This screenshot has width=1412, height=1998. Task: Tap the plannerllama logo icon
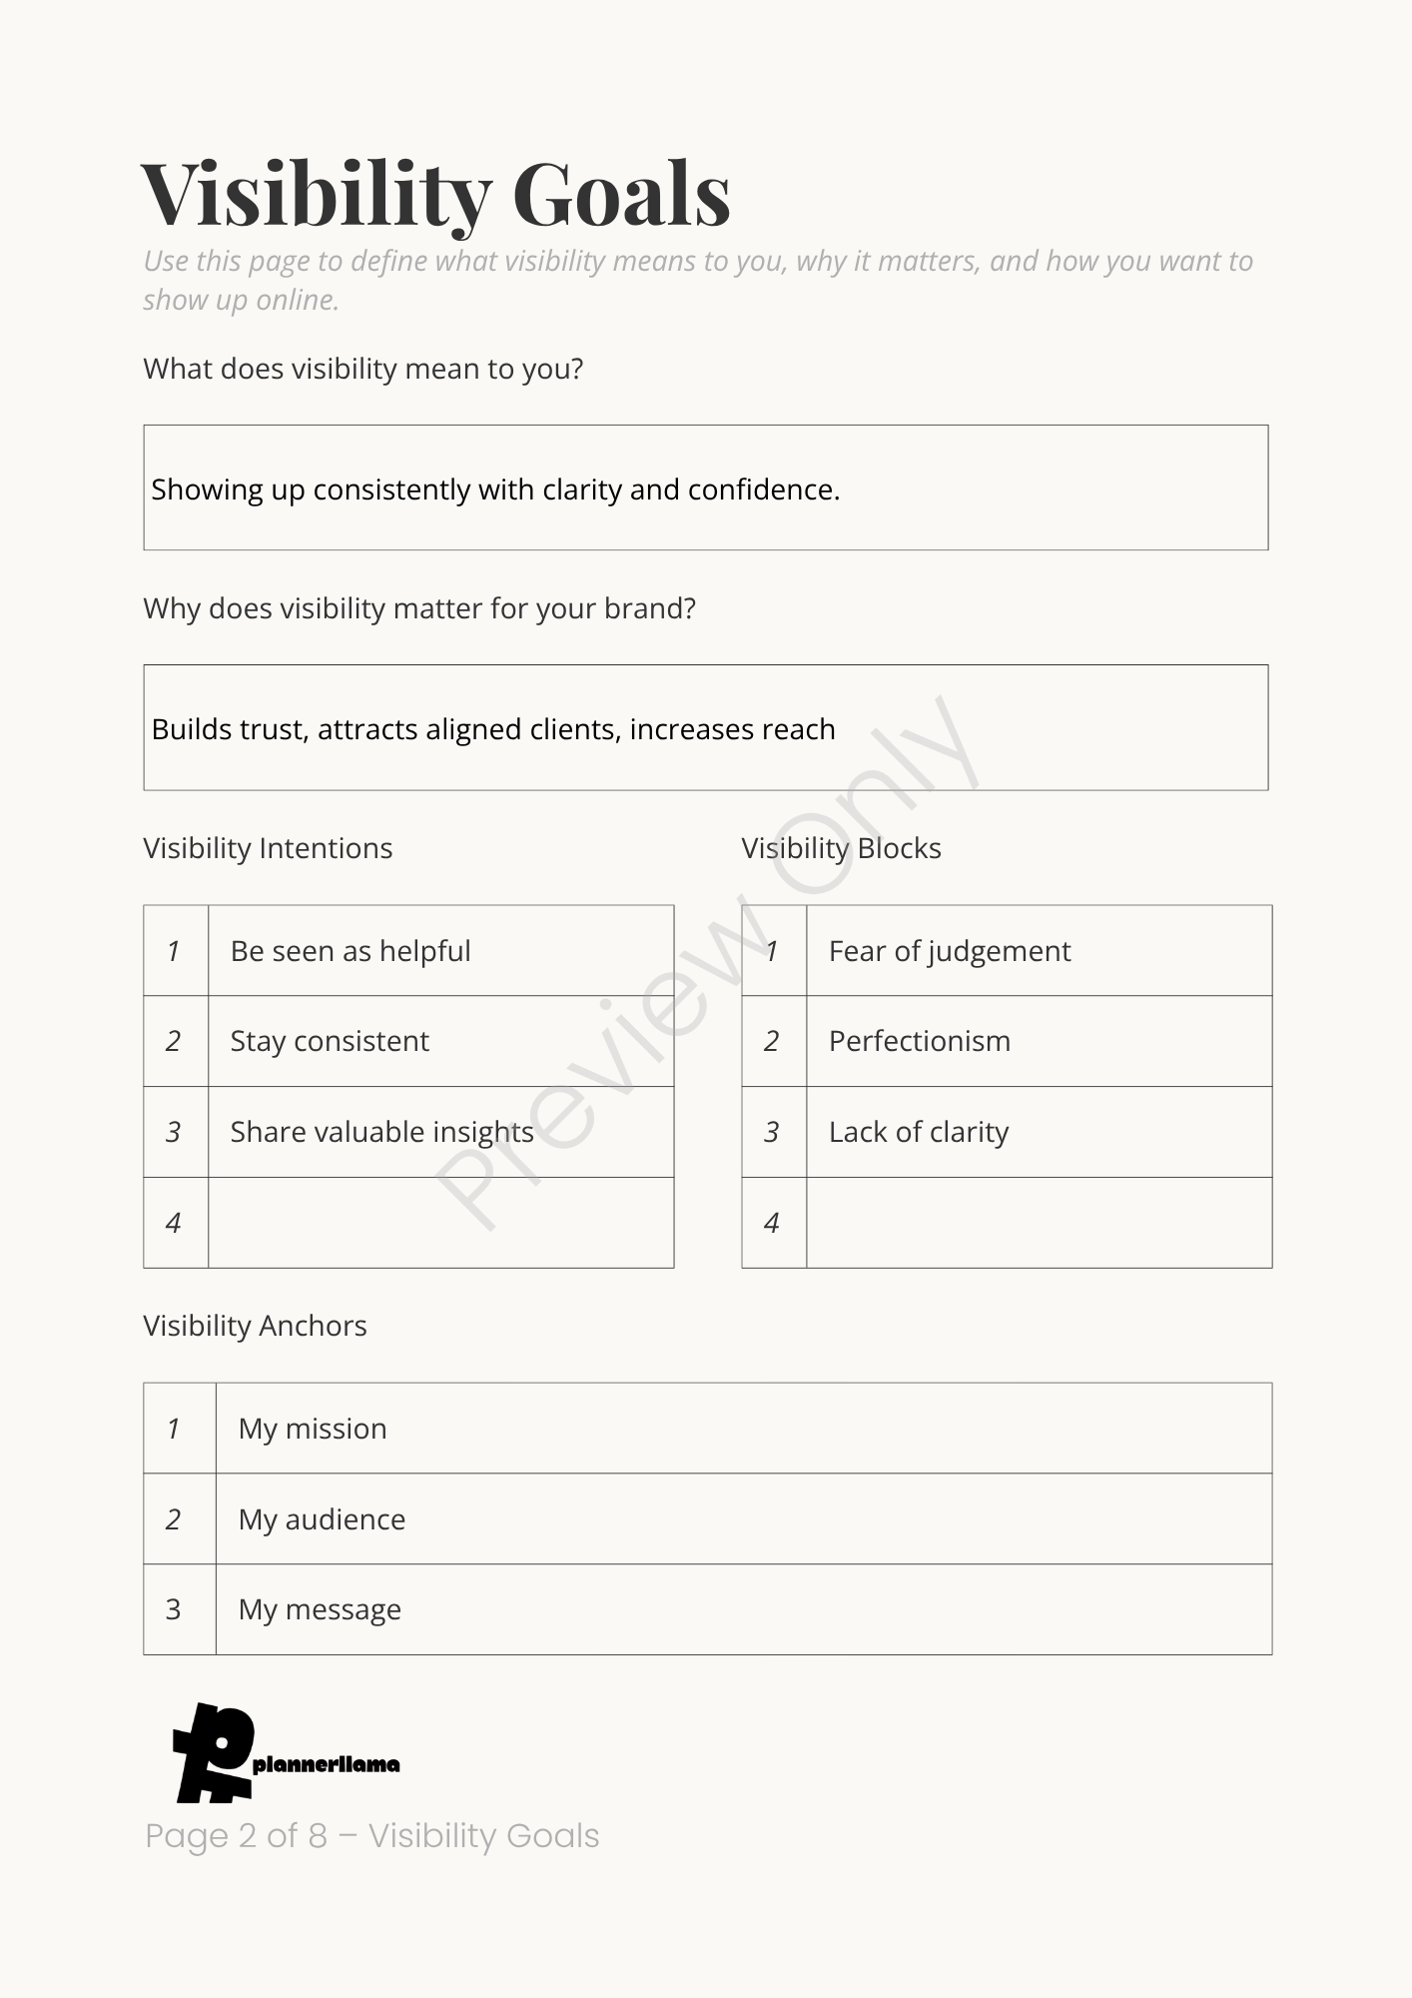tap(214, 1752)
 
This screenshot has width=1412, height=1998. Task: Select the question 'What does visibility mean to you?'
tap(362, 369)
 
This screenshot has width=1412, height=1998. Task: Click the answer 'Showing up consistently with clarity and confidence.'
tap(495, 490)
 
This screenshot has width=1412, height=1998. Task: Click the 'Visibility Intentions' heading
tap(268, 848)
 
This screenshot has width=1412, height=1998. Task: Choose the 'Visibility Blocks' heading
tap(841, 848)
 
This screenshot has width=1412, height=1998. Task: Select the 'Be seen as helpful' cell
tap(351, 951)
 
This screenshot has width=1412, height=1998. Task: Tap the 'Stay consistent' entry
tap(330, 1041)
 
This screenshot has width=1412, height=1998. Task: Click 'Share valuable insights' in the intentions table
tap(381, 1132)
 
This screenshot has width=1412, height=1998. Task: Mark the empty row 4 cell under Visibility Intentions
tap(440, 1223)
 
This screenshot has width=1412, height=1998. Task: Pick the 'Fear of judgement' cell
tap(950, 951)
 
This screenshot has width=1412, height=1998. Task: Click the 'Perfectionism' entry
tap(920, 1041)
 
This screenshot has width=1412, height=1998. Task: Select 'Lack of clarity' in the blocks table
tap(919, 1132)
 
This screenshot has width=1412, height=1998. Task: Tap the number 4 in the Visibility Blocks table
tap(772, 1223)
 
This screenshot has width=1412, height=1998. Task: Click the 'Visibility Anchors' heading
tap(255, 1326)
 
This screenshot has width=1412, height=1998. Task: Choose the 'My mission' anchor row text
tap(313, 1429)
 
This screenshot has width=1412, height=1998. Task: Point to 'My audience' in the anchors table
tap(322, 1519)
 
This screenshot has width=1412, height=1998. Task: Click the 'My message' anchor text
tap(320, 1609)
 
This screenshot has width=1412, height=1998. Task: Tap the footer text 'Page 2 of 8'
tap(237, 1836)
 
